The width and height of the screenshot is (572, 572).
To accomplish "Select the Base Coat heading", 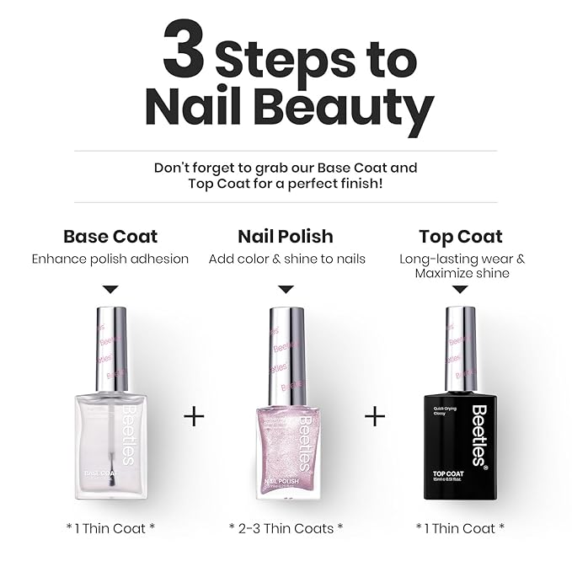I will click(x=110, y=237).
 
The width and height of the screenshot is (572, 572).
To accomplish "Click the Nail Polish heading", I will click(x=286, y=237).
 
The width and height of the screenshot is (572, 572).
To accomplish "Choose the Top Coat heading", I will click(x=461, y=237).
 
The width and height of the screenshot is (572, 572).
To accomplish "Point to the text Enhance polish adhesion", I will click(x=110, y=259).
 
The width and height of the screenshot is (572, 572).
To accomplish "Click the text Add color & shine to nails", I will click(x=286, y=259).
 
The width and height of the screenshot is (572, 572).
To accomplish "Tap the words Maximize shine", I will click(x=461, y=274).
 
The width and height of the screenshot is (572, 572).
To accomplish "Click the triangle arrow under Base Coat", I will click(x=111, y=289).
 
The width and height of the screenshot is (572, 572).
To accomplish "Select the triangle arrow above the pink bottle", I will click(x=286, y=289).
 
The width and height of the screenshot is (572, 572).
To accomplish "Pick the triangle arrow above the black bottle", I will click(x=461, y=289).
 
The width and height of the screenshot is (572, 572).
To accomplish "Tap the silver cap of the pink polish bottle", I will click(x=286, y=355).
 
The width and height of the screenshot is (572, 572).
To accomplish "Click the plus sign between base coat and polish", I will click(x=194, y=416).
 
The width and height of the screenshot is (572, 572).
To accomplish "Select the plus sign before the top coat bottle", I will click(x=375, y=416).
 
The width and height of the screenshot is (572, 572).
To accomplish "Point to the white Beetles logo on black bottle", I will click(x=478, y=434).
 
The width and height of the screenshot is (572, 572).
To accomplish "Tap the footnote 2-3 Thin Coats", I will click(x=286, y=528).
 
